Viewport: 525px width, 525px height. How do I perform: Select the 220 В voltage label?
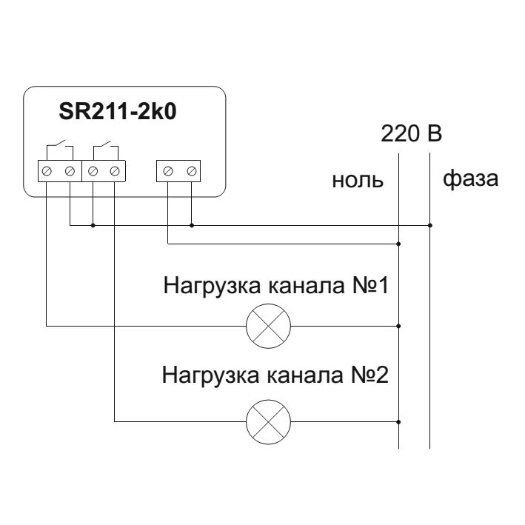pos(412,134)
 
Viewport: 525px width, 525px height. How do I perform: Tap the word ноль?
pos(358,180)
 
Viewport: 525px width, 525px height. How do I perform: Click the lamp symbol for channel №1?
pos(268,325)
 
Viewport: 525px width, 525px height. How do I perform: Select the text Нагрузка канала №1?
pos(275,286)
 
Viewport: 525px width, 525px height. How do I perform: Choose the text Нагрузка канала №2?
pos(275,375)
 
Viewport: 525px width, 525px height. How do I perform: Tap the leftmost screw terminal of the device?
pos(47,172)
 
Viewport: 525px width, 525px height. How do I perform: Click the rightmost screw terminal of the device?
pos(192,172)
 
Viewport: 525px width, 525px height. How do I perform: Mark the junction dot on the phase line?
pos(430,224)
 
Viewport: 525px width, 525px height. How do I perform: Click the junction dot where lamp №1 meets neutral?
pos(399,325)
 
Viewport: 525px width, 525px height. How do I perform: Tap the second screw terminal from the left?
pos(70,172)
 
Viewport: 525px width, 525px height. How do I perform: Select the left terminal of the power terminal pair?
pos(168,172)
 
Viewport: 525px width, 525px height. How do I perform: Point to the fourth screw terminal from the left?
pos(115,172)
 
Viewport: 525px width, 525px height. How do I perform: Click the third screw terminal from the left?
pos(93,172)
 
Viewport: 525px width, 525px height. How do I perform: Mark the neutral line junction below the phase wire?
pos(399,243)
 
